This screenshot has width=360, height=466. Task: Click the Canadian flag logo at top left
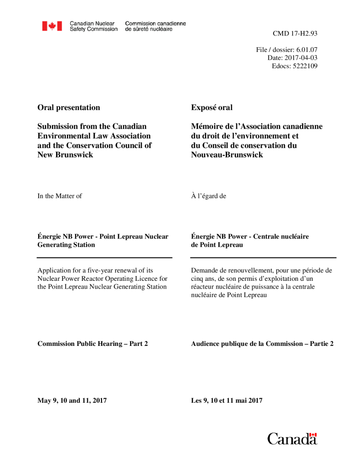(x=52, y=26)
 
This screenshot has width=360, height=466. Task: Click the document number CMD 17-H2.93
(x=295, y=34)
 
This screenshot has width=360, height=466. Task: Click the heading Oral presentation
(x=69, y=108)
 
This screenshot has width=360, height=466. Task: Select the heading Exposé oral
(x=212, y=108)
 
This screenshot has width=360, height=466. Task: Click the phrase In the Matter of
(x=60, y=196)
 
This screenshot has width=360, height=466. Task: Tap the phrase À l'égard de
(x=209, y=196)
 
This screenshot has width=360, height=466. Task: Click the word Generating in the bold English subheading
(x=53, y=245)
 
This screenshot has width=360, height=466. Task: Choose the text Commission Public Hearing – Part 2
(x=92, y=344)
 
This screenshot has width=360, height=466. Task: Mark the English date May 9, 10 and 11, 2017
(x=72, y=401)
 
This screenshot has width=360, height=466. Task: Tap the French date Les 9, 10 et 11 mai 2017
(x=227, y=401)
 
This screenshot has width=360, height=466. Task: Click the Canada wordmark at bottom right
(x=292, y=439)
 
